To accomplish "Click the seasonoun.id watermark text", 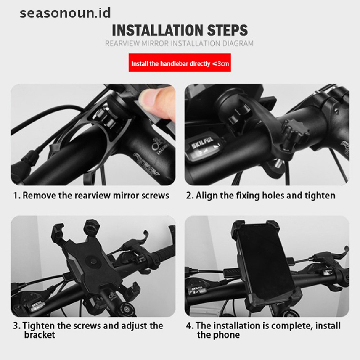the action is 65,13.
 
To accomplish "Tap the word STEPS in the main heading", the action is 227,30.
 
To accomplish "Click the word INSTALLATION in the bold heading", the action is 157,30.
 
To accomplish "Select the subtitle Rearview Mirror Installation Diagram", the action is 179,43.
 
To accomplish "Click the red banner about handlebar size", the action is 180,63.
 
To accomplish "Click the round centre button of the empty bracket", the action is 93,262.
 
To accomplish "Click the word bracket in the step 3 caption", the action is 39,335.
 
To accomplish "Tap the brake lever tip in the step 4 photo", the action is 347,249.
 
